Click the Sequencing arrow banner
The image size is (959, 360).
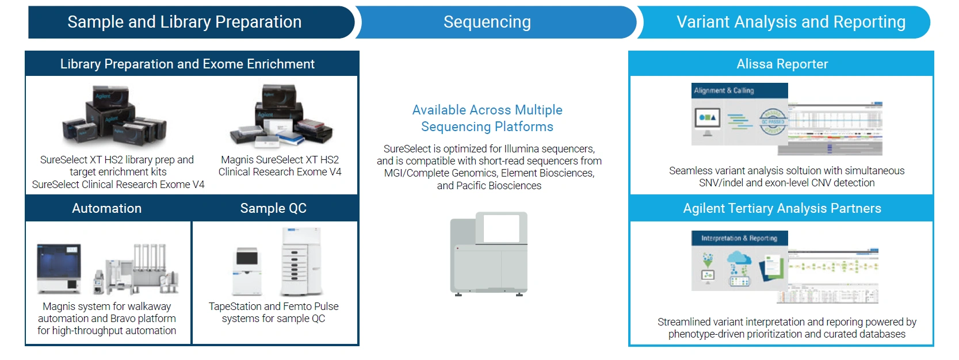487,22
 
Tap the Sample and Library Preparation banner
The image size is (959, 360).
184,22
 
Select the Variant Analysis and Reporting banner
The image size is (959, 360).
790,22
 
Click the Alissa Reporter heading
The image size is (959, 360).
782,64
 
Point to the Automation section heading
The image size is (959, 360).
107,208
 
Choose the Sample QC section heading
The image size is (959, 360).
273,208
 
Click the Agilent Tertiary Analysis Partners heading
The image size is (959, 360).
782,208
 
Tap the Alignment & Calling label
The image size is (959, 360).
724,90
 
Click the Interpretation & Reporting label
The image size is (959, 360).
739,238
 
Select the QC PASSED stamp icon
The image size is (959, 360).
773,121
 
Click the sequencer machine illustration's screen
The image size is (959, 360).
501,228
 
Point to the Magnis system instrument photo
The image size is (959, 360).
59,269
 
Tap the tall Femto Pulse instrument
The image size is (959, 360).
301,262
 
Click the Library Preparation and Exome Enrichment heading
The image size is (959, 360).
187,64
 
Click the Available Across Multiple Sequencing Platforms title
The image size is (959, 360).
487,118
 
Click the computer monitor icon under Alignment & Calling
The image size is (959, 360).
707,121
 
